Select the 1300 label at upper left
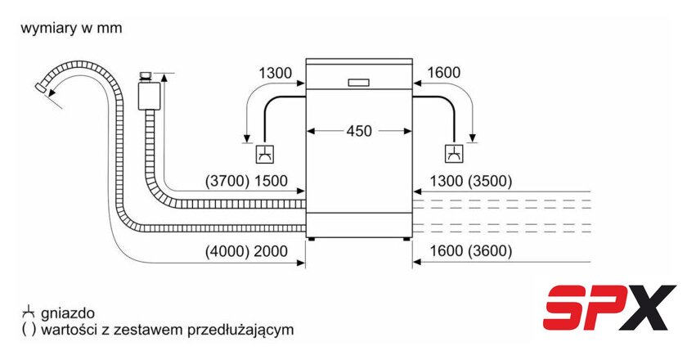(275, 74)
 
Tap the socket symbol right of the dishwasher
(452, 153)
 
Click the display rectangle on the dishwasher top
(358, 82)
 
